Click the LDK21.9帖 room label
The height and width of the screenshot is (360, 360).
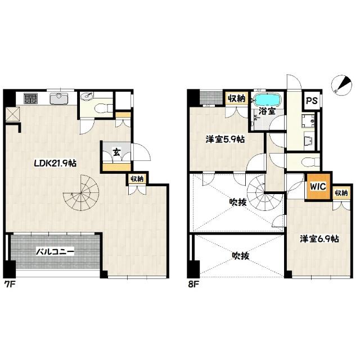click(x=55, y=163)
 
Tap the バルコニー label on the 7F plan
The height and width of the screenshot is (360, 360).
click(x=55, y=252)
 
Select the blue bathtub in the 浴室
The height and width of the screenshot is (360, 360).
click(x=268, y=100)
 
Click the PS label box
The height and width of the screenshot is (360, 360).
click(x=312, y=100)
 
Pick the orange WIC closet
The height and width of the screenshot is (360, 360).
click(x=318, y=186)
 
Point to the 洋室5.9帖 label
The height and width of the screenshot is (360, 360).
click(x=225, y=139)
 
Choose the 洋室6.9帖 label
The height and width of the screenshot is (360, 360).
click(x=319, y=239)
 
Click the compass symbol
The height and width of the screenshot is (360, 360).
click(x=342, y=85)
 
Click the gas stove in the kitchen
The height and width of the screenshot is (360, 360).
click(x=30, y=98)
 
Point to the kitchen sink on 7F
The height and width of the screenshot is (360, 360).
click(x=58, y=98)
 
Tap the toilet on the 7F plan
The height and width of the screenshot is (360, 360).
click(x=103, y=107)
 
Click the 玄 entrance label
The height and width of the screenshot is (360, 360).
click(x=117, y=152)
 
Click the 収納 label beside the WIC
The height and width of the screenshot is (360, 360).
click(x=341, y=193)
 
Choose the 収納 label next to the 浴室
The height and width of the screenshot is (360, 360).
click(x=236, y=98)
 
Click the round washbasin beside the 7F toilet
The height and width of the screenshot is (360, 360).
click(x=87, y=96)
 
